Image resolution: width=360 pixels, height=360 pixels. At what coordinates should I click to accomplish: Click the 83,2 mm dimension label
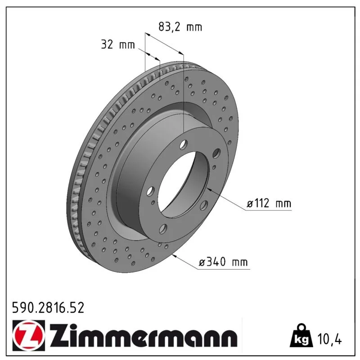click(x=180, y=27)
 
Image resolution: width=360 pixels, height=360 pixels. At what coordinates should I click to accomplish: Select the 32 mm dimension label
click(x=118, y=44)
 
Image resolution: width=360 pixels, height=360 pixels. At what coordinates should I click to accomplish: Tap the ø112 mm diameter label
click(x=269, y=203)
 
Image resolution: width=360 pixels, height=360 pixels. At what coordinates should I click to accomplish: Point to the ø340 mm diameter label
click(x=223, y=262)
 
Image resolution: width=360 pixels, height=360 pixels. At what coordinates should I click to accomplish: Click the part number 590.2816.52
click(x=48, y=308)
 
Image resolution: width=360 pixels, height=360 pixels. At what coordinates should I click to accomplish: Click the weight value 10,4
click(x=329, y=339)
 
